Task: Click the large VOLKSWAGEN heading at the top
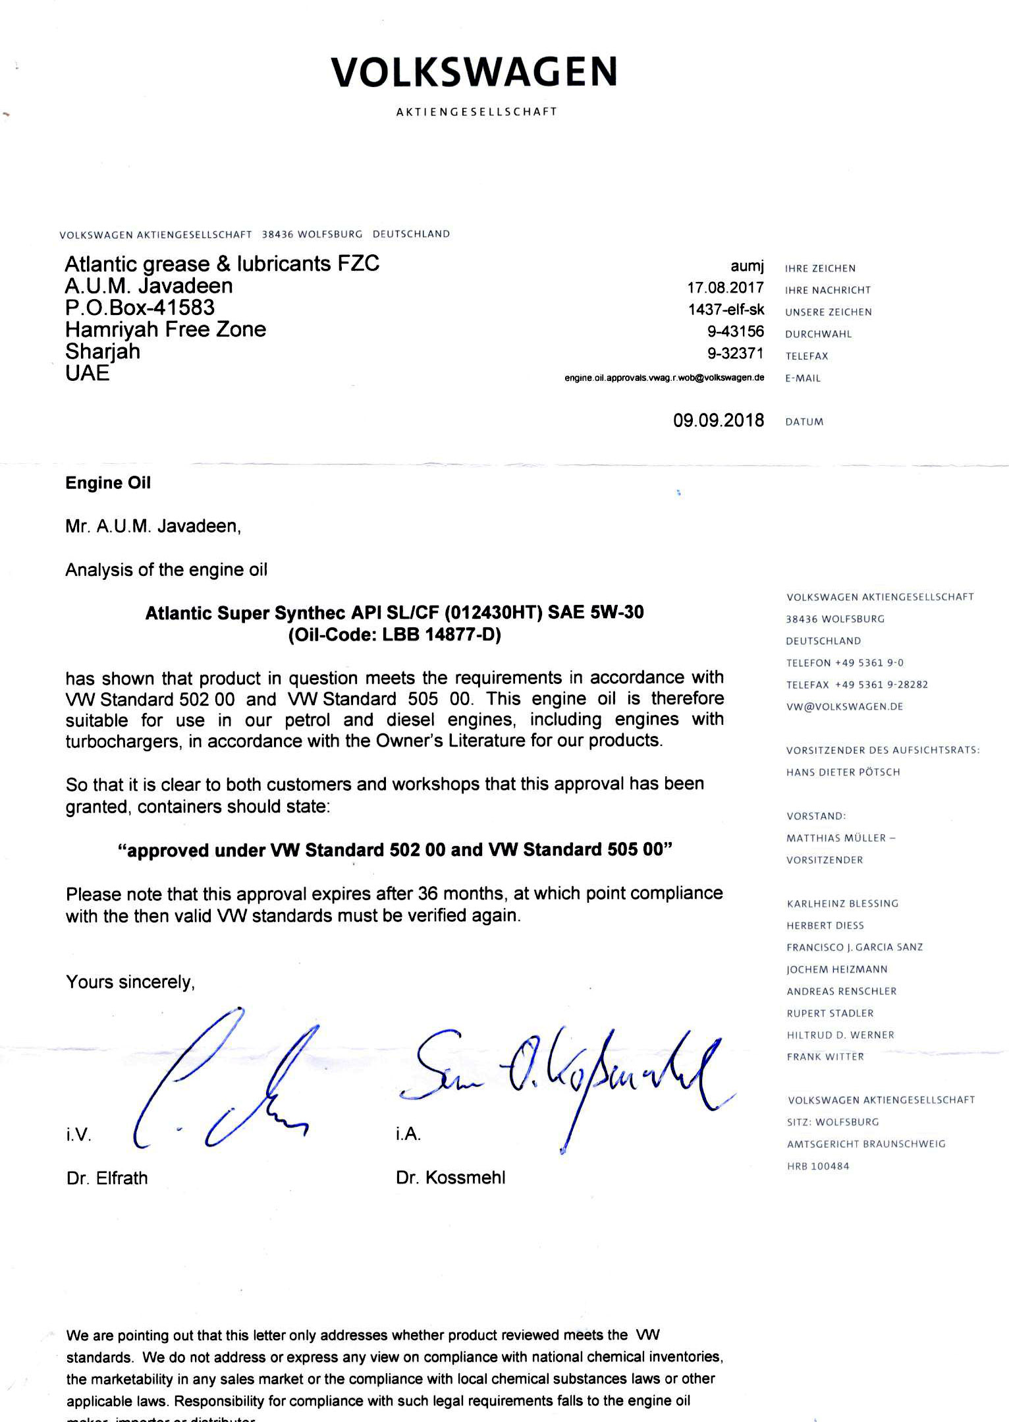pyautogui.click(x=474, y=72)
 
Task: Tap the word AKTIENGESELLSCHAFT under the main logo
pyautogui.click(x=476, y=112)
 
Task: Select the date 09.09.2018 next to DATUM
pyautogui.click(x=718, y=420)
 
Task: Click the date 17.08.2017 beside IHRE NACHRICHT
pyautogui.click(x=725, y=288)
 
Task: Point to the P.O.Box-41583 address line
pyautogui.click(x=140, y=308)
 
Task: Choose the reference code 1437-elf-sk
pyautogui.click(x=726, y=310)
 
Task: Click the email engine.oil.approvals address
pyautogui.click(x=664, y=378)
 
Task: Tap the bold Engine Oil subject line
pyautogui.click(x=108, y=483)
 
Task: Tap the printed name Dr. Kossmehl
pyautogui.click(x=450, y=1178)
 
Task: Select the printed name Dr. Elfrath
pyautogui.click(x=107, y=1178)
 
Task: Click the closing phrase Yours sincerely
pyautogui.click(x=130, y=982)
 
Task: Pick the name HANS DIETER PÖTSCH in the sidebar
pyautogui.click(x=842, y=772)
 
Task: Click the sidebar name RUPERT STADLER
pyautogui.click(x=830, y=1013)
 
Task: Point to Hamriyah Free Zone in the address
pyautogui.click(x=165, y=329)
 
